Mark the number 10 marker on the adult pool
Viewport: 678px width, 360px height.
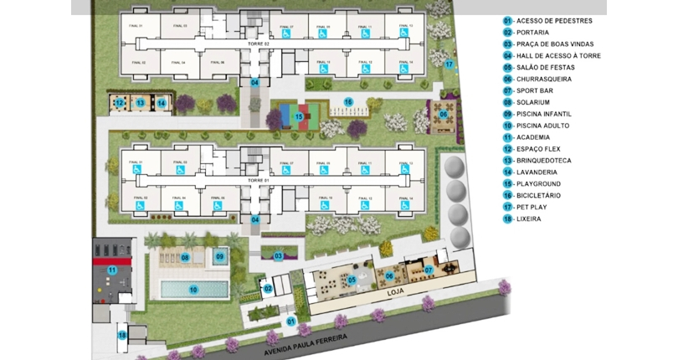click(193, 290)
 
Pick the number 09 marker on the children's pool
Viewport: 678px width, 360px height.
click(220, 256)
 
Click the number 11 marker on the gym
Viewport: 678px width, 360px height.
click(110, 270)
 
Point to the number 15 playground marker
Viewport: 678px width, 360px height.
click(297, 116)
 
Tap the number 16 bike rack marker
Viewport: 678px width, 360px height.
click(348, 101)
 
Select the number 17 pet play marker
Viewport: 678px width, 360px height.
click(449, 64)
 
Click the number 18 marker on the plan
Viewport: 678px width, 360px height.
click(122, 336)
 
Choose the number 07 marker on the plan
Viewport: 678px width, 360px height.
click(428, 270)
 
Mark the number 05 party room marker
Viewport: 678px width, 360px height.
click(352, 280)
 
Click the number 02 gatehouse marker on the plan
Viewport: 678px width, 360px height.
click(268, 289)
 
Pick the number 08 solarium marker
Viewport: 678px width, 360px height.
click(186, 258)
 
